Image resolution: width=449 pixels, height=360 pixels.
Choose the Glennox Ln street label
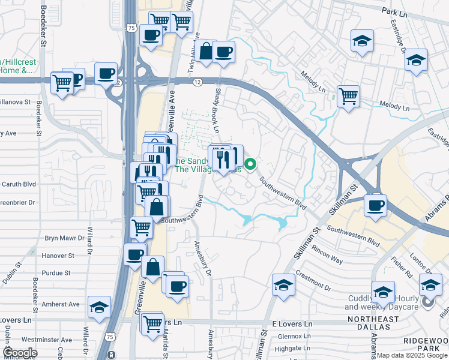[294, 336]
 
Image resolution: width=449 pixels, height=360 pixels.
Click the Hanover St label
[58, 255]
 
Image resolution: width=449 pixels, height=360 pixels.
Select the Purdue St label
[61, 272]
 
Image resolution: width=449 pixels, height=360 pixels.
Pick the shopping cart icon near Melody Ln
[348, 95]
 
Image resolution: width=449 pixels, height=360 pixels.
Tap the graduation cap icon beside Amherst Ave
[99, 307]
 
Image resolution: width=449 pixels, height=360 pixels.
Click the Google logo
[20, 353]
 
